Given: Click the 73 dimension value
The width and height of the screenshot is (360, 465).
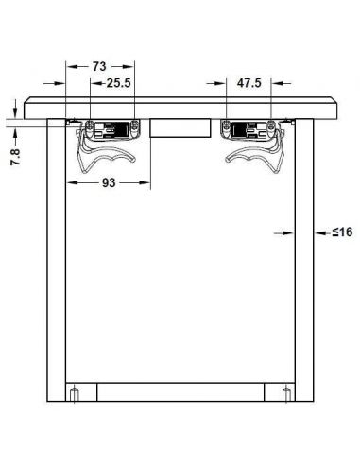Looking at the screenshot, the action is pyautogui.click(x=99, y=67).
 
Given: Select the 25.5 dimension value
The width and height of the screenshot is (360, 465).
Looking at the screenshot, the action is pyautogui.click(x=118, y=83).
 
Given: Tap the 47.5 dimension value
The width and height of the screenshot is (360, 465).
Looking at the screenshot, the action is pyautogui.click(x=249, y=83).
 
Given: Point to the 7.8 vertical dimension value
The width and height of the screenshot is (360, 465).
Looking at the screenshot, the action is pyautogui.click(x=15, y=157).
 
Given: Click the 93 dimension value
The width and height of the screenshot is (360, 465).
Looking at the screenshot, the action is pyautogui.click(x=109, y=182).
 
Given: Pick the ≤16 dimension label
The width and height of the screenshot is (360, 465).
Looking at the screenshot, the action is pyautogui.click(x=342, y=232).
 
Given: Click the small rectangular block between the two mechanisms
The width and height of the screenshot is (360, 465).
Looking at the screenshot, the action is pyautogui.click(x=180, y=128).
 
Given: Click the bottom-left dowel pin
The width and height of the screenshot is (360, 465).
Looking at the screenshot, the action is pyautogui.click(x=74, y=395).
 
